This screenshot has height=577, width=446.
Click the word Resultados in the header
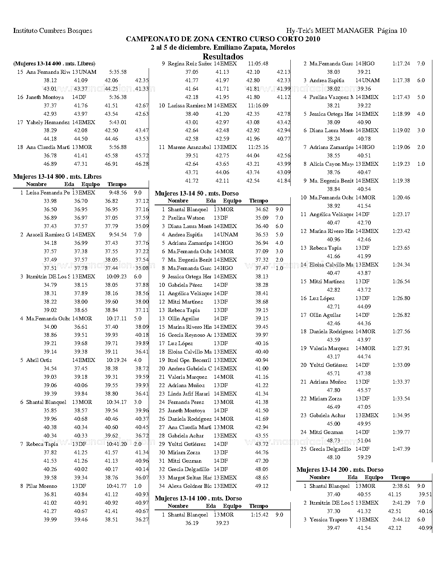coord(223,57)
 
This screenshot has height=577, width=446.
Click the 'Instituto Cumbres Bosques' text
coord(52,31)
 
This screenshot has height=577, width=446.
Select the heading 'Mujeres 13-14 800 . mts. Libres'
coord(57,177)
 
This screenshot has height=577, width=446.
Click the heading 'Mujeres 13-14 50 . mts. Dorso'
coord(197,193)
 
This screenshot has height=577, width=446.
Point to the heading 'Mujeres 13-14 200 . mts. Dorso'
coord(340,470)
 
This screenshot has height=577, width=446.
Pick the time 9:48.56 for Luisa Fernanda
coord(118,193)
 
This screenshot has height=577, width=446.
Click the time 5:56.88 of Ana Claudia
coord(118,147)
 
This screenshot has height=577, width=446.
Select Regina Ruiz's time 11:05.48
coord(258,64)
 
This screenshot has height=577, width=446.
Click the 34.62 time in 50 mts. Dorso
coord(262,209)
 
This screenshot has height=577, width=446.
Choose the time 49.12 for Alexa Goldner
coord(262,486)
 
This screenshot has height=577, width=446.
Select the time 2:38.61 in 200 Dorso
coord(401,486)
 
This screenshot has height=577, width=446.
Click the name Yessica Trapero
coord(331,520)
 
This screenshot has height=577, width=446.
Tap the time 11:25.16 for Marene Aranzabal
coord(258,147)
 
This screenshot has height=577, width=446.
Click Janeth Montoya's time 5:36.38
coord(118,97)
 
